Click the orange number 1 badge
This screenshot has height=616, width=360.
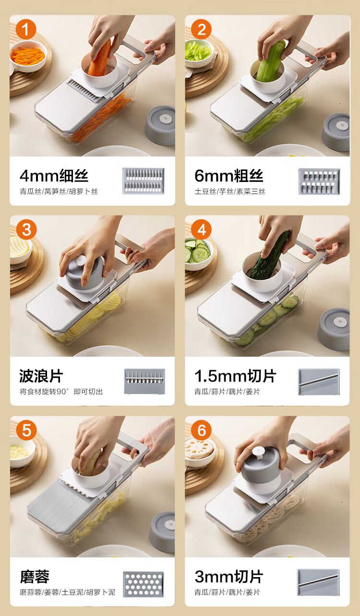tap(26, 29)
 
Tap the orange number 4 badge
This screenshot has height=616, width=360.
tap(201, 229)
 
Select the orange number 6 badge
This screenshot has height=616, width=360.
tap(201, 430)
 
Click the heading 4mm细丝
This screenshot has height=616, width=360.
tap(54, 176)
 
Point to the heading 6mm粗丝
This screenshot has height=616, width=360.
tap(229, 176)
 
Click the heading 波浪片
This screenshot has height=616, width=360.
tap(41, 376)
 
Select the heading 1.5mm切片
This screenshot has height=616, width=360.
tap(235, 376)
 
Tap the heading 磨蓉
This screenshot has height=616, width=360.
tap(35, 577)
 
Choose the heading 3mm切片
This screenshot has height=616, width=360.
tap(229, 577)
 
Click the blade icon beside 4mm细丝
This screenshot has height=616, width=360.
tap(144, 181)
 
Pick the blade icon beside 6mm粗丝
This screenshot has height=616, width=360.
tap(319, 181)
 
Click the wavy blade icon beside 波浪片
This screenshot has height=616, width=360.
tap(144, 381)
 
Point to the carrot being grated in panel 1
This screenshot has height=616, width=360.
tap(100, 59)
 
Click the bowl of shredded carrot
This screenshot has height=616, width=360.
tap(28, 56)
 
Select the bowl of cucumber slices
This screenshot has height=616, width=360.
tap(198, 253)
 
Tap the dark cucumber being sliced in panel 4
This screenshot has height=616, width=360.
tap(271, 255)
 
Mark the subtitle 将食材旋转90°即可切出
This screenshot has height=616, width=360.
tap(61, 391)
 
